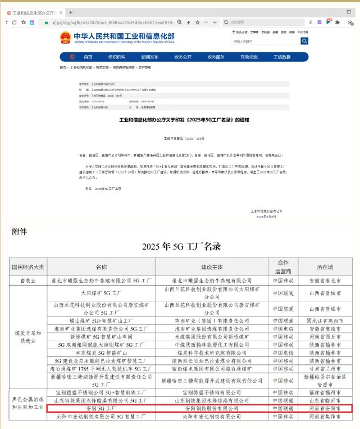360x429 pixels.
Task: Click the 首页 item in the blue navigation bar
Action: pos(88,57)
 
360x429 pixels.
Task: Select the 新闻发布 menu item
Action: pos(149,57)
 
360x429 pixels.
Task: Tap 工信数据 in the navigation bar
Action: pos(282,57)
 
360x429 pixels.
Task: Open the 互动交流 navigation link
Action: pos(249,57)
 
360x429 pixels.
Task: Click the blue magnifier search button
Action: pos(304,41)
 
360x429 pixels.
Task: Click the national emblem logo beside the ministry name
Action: pos(65,38)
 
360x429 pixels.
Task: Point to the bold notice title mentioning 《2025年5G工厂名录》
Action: pos(184,120)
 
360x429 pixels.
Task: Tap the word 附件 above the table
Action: pos(20,231)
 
